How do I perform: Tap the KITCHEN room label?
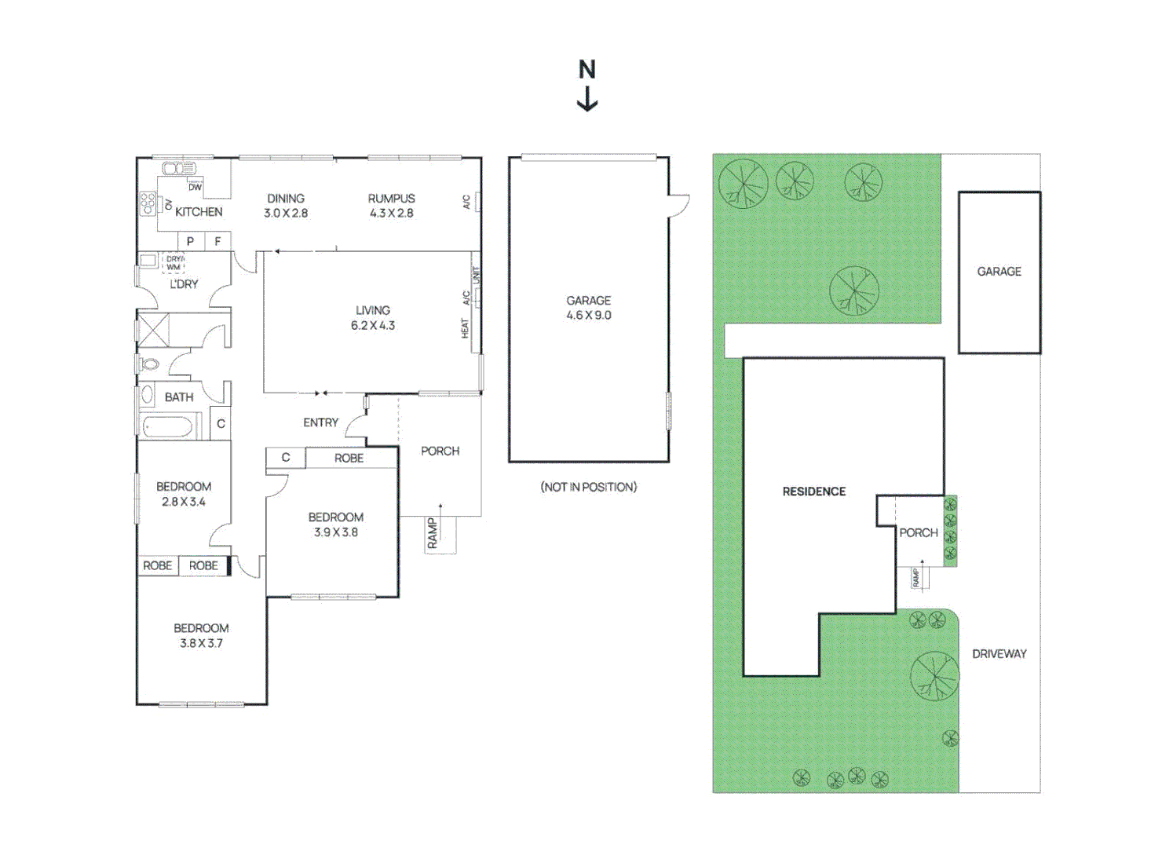pos(199,212)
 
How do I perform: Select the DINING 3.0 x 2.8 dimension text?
pos(286,213)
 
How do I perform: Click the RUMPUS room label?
pos(391,199)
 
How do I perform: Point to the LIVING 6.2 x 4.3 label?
pos(372,318)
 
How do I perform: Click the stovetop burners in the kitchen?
pos(147,203)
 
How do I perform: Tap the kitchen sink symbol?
pos(179,168)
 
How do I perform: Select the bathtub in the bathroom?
pos(167,427)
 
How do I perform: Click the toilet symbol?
pos(148,364)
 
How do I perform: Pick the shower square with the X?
pos(153,330)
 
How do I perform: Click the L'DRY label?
pos(184,284)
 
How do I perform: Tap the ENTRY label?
pos(320,422)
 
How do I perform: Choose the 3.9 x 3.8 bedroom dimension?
pos(335,532)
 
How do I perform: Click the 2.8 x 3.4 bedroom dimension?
pos(183,502)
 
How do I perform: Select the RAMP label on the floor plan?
pos(433,533)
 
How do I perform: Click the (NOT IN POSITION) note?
pos(588,487)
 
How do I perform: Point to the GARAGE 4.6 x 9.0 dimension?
pos(588,315)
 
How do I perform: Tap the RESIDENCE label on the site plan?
pos(813,492)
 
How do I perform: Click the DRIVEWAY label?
pos(999,653)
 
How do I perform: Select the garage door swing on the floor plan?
pos(679,205)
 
